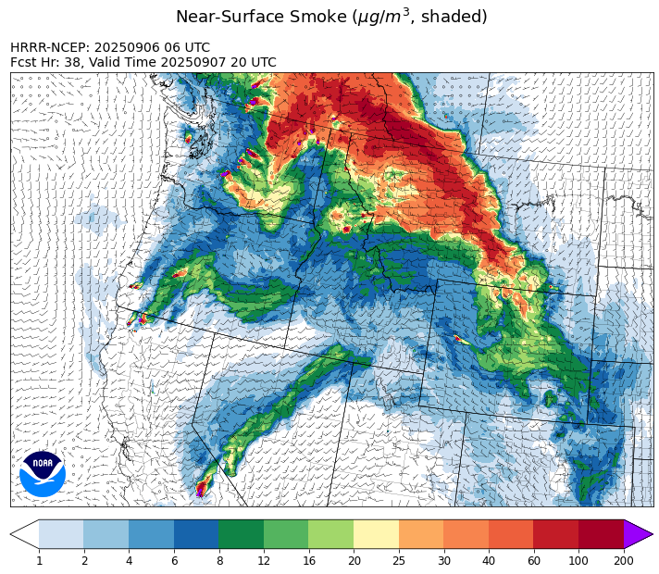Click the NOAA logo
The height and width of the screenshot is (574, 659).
point(43,474)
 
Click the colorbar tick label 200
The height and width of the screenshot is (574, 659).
point(623,560)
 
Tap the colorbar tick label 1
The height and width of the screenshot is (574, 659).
point(39,560)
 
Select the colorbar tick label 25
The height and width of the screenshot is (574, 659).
point(399,560)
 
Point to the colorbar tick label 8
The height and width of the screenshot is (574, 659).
point(218,560)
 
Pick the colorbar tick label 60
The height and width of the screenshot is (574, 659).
point(533,560)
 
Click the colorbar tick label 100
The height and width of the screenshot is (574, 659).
point(578,560)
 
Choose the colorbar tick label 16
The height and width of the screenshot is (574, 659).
point(308,560)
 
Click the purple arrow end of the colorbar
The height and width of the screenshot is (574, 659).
point(638,534)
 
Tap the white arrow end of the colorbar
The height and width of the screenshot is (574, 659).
point(25,534)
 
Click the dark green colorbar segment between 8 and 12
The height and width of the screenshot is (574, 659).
point(241,534)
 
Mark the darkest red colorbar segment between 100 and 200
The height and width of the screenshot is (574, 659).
point(601,534)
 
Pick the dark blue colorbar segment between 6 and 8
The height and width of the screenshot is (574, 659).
point(196,534)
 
